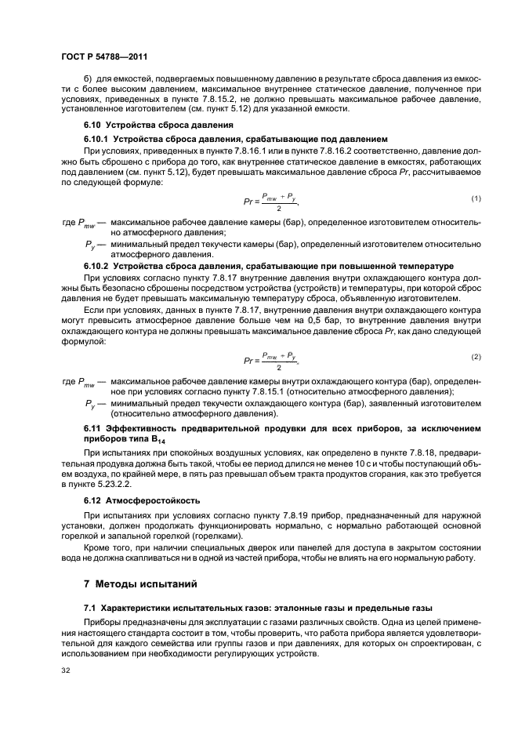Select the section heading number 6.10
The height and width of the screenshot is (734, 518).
pos(94,125)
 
